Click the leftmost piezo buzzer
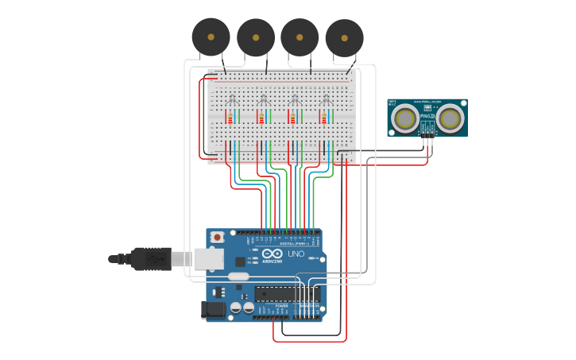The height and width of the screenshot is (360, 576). pos(211,37)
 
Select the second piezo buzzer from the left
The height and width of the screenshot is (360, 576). pos(256,37)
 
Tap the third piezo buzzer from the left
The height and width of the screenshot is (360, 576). pos(300,37)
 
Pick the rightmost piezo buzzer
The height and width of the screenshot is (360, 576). pos(344,38)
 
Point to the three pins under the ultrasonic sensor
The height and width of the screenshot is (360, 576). pos(427,139)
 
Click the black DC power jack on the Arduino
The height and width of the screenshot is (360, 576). pos(214,309)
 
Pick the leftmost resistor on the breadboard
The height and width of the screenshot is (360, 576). pos(230,118)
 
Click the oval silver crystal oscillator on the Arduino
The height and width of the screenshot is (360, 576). pos(238,277)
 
